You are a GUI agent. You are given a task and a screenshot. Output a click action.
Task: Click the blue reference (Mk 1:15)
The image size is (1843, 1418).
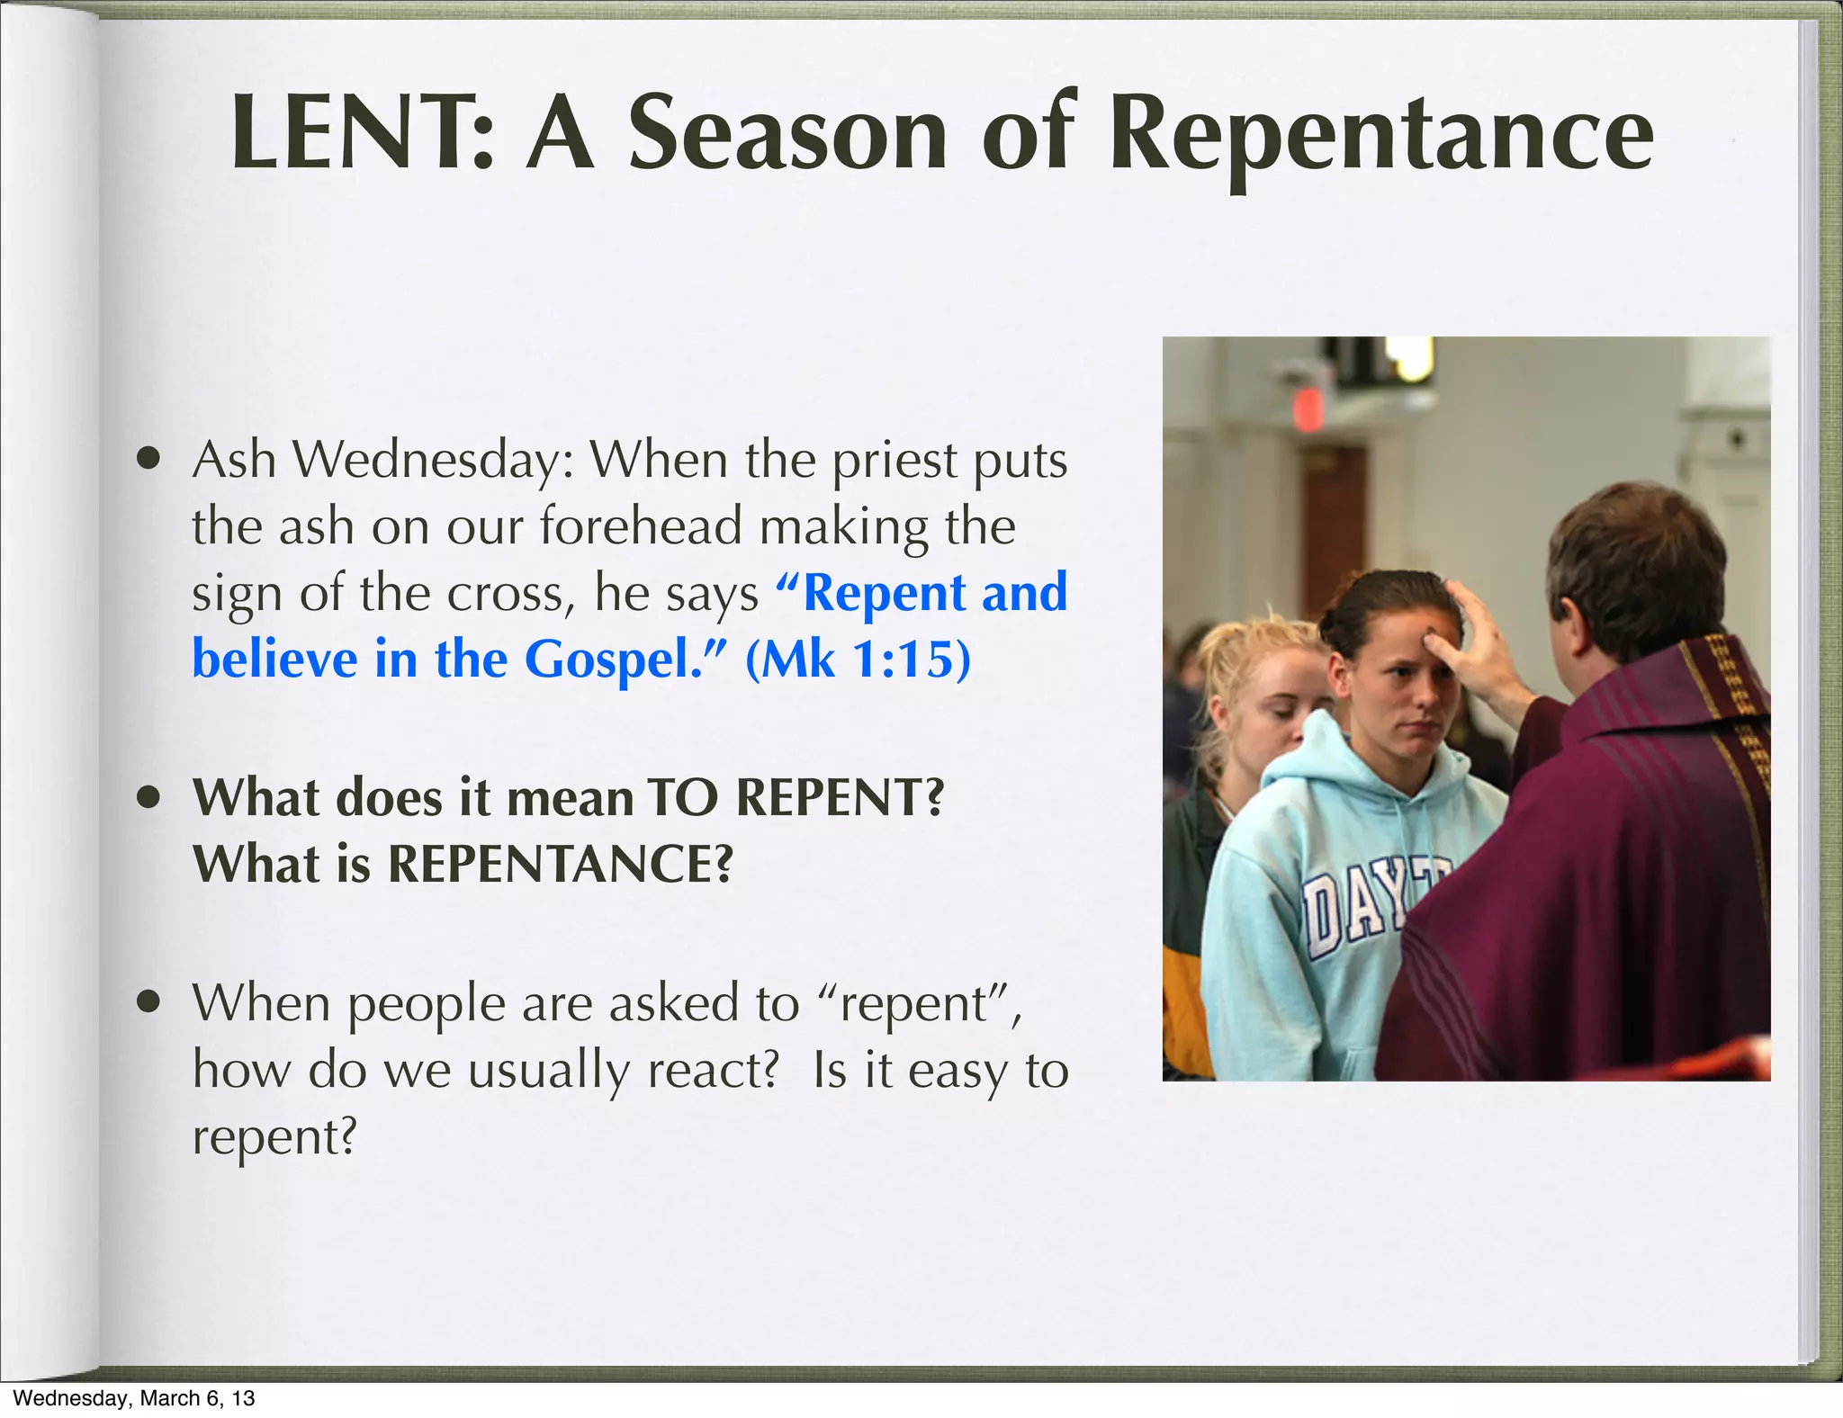pos(859,660)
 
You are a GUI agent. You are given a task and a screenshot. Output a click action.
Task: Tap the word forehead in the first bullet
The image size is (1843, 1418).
pos(641,526)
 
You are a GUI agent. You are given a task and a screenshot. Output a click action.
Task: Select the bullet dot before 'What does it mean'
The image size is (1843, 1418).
pos(149,798)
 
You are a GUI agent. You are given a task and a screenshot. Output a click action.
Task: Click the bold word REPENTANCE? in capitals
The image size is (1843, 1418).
pos(561,864)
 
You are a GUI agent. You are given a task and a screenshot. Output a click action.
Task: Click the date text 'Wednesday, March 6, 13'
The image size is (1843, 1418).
pos(134,1398)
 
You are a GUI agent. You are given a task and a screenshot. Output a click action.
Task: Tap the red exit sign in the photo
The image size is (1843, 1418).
pos(1307,410)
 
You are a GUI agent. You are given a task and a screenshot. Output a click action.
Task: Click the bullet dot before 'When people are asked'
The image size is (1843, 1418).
pos(149,1002)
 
